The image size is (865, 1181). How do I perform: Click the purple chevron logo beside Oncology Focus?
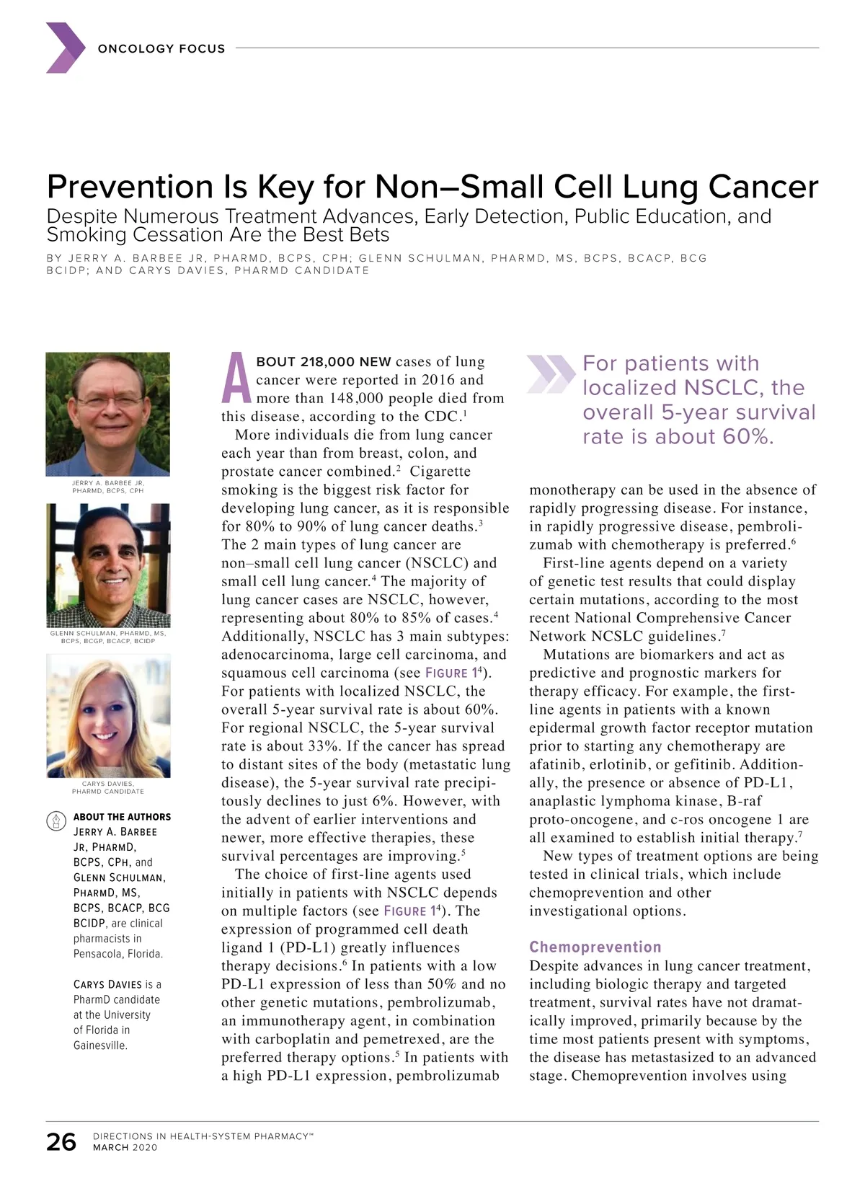click(66, 48)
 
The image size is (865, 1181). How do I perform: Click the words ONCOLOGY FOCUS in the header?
click(161, 49)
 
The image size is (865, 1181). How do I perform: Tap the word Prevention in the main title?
click(130, 187)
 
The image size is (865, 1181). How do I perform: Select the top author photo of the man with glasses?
click(108, 413)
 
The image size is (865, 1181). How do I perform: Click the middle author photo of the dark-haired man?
click(108, 565)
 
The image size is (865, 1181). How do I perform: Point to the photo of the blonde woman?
click(108, 715)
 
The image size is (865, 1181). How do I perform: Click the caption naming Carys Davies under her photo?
click(108, 787)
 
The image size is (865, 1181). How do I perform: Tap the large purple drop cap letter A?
click(236, 379)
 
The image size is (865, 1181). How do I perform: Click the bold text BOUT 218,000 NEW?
click(324, 362)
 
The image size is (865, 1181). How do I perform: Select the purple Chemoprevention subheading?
click(595, 947)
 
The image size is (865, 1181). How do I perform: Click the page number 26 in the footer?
click(61, 1142)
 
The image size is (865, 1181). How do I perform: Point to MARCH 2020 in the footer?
click(125, 1148)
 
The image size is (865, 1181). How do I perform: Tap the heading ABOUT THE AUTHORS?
click(122, 817)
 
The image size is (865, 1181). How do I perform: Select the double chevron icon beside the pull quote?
click(551, 374)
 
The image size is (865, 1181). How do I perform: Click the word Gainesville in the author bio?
click(100, 1045)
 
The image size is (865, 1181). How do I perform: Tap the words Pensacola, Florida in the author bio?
click(118, 954)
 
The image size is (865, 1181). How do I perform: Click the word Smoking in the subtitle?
click(83, 235)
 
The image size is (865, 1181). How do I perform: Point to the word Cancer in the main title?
click(763, 187)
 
